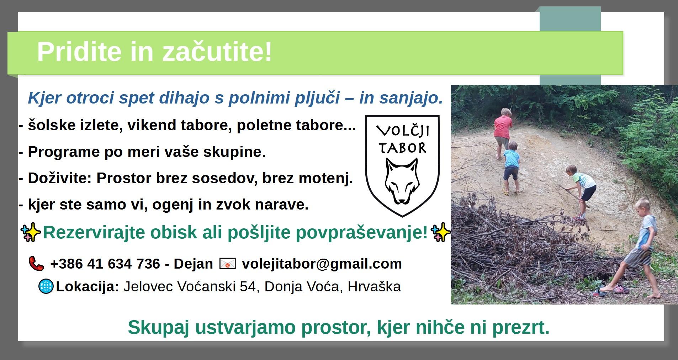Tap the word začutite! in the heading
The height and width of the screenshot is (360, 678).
(217, 51)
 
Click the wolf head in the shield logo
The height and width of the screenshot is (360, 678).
(402, 181)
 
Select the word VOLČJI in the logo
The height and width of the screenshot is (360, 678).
(403, 131)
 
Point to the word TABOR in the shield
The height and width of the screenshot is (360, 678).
(402, 148)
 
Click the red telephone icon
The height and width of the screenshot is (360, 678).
(36, 264)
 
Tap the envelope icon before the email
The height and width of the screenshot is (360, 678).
(228, 264)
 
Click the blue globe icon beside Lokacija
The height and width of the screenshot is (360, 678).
(46, 286)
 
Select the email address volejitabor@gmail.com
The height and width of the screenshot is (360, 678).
(322, 264)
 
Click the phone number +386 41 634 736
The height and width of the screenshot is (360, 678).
(105, 264)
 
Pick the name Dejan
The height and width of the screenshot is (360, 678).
(193, 264)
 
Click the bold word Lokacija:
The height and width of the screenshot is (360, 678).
(88, 287)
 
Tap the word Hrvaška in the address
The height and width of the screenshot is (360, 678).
(374, 286)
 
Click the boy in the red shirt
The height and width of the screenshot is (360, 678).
(503, 132)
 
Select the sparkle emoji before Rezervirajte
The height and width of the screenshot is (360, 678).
(31, 233)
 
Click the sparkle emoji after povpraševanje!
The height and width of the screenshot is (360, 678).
(440, 232)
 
